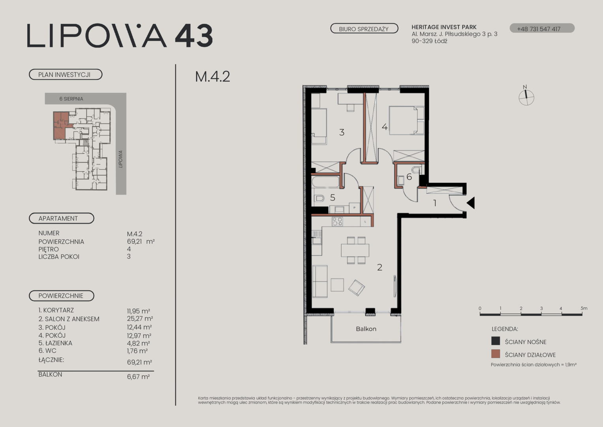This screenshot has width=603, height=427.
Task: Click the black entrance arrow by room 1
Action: (x=471, y=203)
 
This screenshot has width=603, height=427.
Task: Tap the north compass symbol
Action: (x=526, y=97)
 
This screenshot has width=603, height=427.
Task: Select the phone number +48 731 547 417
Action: (x=539, y=29)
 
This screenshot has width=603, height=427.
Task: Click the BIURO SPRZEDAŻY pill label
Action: (x=364, y=28)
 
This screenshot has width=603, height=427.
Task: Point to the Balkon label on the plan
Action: (x=366, y=329)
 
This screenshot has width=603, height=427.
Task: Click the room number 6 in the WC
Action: (x=409, y=177)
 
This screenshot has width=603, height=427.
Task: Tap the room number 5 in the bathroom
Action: (x=333, y=198)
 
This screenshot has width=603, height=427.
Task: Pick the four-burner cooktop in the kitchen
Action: (x=337, y=221)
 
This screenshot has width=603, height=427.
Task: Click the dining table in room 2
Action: (x=355, y=250)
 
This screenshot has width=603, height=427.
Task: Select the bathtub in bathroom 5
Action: (x=325, y=181)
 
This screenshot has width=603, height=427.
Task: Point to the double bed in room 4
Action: (x=406, y=120)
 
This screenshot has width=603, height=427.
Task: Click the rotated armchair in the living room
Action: (x=357, y=288)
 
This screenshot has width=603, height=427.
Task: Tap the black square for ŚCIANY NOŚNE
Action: (x=496, y=341)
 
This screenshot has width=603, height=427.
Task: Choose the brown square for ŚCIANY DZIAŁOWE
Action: (x=496, y=354)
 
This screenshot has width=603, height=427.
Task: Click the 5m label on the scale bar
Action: (x=584, y=308)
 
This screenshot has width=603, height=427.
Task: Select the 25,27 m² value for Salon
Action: (x=140, y=319)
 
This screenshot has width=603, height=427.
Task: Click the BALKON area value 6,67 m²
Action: (x=138, y=376)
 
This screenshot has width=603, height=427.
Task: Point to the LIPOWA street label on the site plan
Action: (x=120, y=159)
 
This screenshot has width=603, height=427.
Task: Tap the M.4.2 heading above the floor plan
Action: (x=212, y=77)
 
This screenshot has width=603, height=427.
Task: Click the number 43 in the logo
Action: (x=194, y=36)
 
